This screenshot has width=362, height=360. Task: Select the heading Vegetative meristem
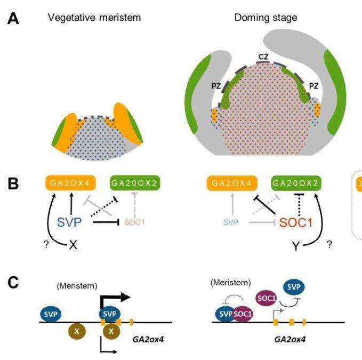pos(94,18)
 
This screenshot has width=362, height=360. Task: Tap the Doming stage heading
pos(266,18)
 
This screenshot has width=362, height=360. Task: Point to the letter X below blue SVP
pos(75,246)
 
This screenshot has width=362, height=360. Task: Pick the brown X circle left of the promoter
pos(77,331)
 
